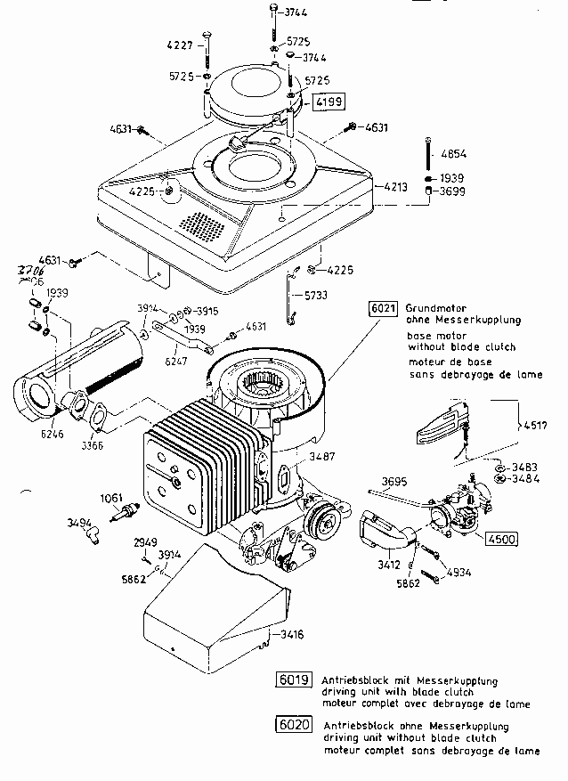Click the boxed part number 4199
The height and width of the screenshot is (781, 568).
328,102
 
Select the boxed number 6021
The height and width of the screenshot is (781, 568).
382,308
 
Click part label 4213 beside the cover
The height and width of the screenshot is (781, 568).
395,187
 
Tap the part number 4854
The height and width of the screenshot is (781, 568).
452,152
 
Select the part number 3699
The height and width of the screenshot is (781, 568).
452,191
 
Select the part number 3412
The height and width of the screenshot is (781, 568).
388,563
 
